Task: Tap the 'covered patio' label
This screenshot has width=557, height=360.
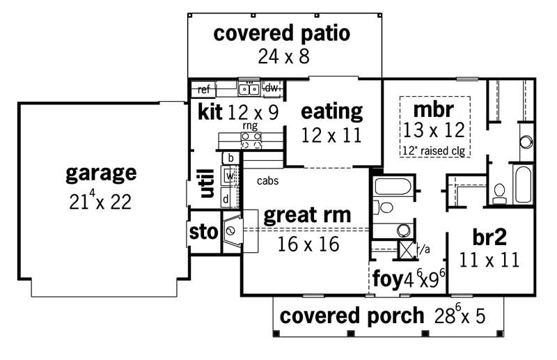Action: click(281, 33)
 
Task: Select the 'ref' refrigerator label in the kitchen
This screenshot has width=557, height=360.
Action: click(204, 89)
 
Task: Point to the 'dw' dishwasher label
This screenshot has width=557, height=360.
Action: click(271, 88)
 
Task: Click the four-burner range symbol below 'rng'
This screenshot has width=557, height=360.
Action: click(251, 141)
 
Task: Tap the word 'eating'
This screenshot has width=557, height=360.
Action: click(331, 111)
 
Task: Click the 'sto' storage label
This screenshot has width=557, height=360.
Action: click(202, 233)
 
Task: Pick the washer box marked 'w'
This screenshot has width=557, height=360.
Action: click(228, 177)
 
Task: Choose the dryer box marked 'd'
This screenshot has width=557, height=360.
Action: click(226, 198)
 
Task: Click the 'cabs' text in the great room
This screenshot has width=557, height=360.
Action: click(267, 181)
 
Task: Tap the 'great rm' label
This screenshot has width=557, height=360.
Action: click(307, 214)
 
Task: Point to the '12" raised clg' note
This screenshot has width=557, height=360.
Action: click(433, 150)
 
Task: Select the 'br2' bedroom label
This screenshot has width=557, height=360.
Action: click(489, 237)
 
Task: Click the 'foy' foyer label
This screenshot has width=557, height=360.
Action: click(386, 280)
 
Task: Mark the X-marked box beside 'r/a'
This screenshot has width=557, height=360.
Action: click(407, 249)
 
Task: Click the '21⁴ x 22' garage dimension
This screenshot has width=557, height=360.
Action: click(100, 202)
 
